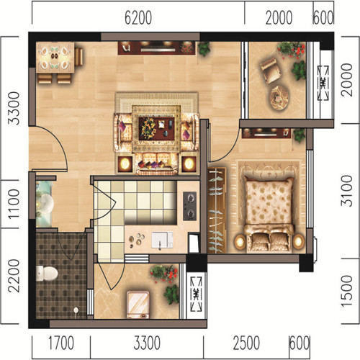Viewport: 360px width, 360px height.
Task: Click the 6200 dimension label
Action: tap(138, 17)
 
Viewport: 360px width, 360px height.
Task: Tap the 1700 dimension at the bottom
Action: tap(61, 343)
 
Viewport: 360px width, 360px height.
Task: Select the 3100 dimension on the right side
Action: tap(347, 191)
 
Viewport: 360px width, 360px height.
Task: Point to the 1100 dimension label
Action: tap(14, 204)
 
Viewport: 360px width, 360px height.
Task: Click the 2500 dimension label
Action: tap(246, 343)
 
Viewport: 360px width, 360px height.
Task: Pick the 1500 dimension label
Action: tap(347, 291)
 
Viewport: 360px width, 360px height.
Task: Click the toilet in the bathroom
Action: tap(47, 274)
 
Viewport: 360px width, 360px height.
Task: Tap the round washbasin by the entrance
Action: tap(45, 204)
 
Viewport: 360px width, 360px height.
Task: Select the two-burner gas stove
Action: tap(190, 206)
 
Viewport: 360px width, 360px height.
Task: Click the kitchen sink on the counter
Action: tap(162, 240)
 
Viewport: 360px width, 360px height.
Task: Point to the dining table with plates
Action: tap(55, 57)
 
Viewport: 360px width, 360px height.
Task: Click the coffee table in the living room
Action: tap(156, 128)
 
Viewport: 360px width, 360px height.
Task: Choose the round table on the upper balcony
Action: tap(279, 98)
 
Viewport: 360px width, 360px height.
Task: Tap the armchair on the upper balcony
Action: tap(271, 71)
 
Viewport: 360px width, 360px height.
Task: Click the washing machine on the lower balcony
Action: tap(138, 305)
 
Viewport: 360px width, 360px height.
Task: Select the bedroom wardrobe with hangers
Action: tap(217, 210)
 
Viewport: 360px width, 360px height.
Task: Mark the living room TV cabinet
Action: tap(156, 48)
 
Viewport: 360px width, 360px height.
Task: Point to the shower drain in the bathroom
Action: tap(76, 310)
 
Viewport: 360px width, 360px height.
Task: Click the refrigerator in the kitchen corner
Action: tap(194, 243)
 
